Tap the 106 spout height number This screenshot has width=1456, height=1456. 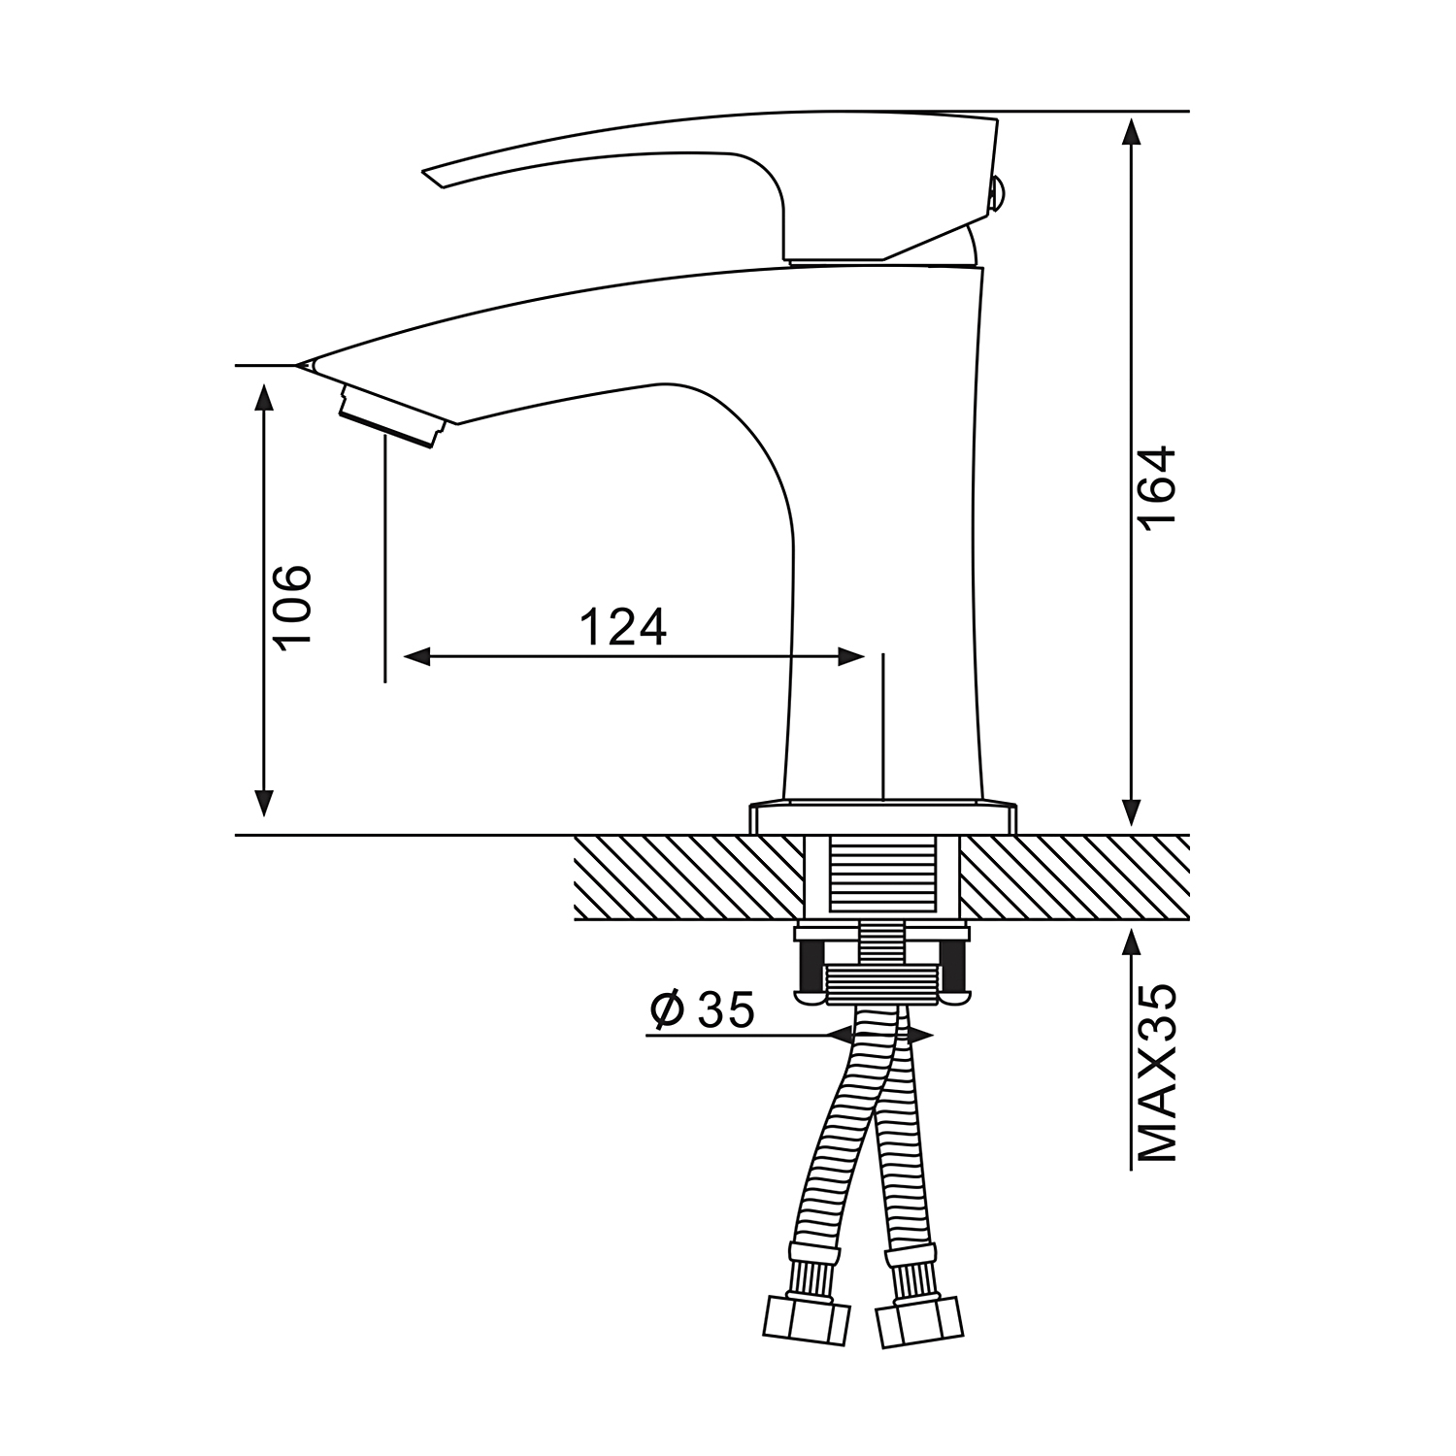291,605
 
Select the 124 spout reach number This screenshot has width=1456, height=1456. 623,628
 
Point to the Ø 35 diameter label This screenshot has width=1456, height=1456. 702,1010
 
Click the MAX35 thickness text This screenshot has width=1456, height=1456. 1158,1074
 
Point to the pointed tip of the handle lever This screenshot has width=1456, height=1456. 424,176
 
